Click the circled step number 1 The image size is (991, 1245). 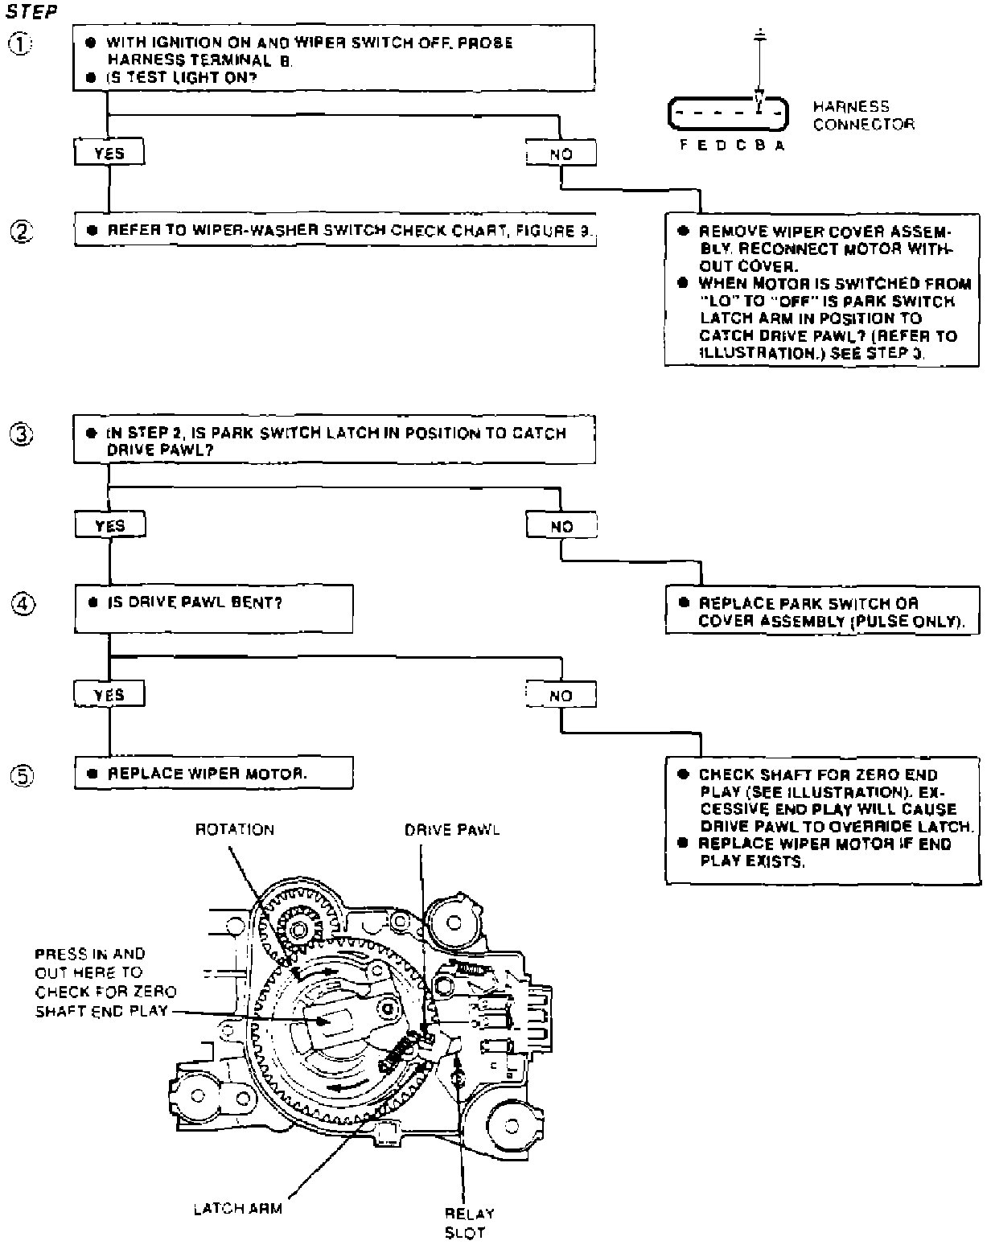(x=21, y=44)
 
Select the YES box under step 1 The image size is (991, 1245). (x=109, y=153)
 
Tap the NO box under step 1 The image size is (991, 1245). (x=561, y=153)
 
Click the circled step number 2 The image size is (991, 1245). (x=21, y=231)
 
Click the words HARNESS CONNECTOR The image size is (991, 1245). (x=863, y=115)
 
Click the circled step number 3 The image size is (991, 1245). (x=21, y=435)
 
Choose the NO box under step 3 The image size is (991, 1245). (x=561, y=526)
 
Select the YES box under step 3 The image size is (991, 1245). (x=109, y=526)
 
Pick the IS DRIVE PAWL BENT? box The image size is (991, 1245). (x=213, y=609)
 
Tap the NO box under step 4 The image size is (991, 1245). (x=561, y=695)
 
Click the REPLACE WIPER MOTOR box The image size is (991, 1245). (x=213, y=774)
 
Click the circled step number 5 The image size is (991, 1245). (x=21, y=776)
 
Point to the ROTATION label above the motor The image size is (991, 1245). (x=235, y=829)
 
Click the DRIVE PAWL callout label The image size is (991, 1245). (x=451, y=829)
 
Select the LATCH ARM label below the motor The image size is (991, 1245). (x=238, y=1208)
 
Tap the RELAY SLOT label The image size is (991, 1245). (x=469, y=1223)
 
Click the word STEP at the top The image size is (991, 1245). (x=31, y=14)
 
